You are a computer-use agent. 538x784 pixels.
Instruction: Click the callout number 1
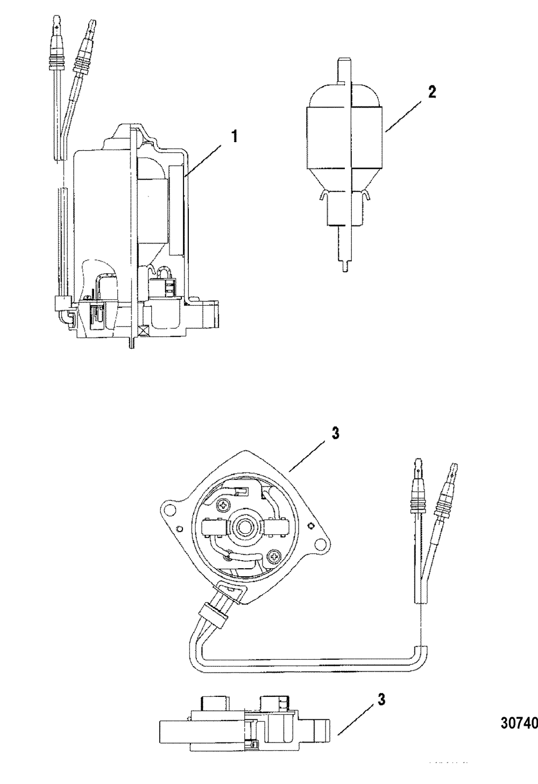(x=233, y=136)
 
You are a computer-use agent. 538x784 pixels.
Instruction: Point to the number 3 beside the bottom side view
(x=381, y=701)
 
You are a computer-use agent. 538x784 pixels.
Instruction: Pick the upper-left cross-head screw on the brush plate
(x=223, y=506)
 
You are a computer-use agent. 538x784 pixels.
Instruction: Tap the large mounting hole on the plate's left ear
(x=171, y=509)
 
